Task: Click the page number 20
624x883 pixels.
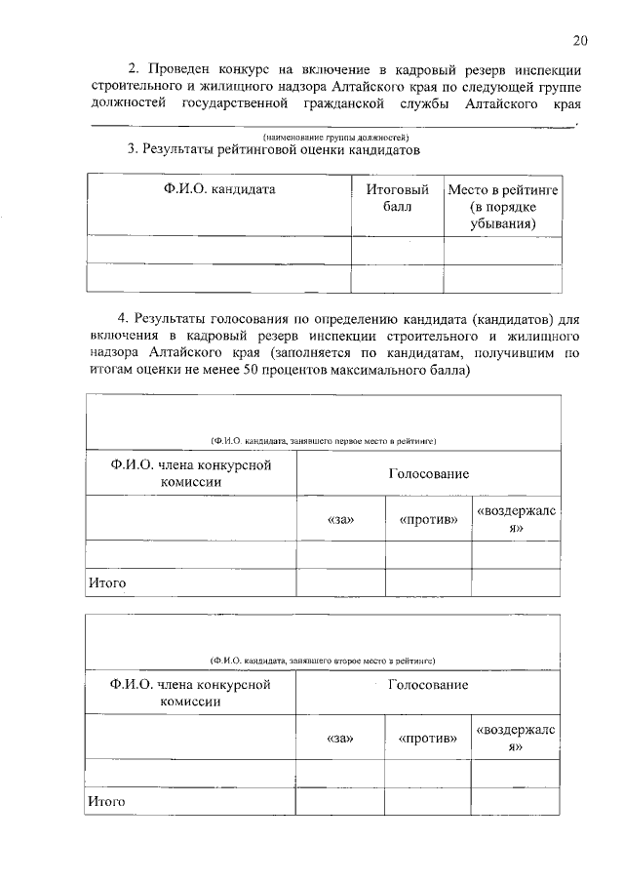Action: tap(580, 40)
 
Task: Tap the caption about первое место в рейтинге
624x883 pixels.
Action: tap(323, 441)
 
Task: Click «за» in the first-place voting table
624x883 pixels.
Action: tap(341, 519)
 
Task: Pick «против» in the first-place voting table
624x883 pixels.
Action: tap(428, 519)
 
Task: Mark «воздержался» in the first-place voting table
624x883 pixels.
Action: tap(516, 519)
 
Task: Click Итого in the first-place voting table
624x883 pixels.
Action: tap(107, 582)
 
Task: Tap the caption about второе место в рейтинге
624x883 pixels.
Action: tap(323, 661)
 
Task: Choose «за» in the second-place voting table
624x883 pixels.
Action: tap(341, 739)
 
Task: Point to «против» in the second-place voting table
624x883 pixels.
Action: tap(428, 739)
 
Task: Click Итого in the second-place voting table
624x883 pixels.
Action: tap(107, 801)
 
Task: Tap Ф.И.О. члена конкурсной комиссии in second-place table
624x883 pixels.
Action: tap(190, 693)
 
